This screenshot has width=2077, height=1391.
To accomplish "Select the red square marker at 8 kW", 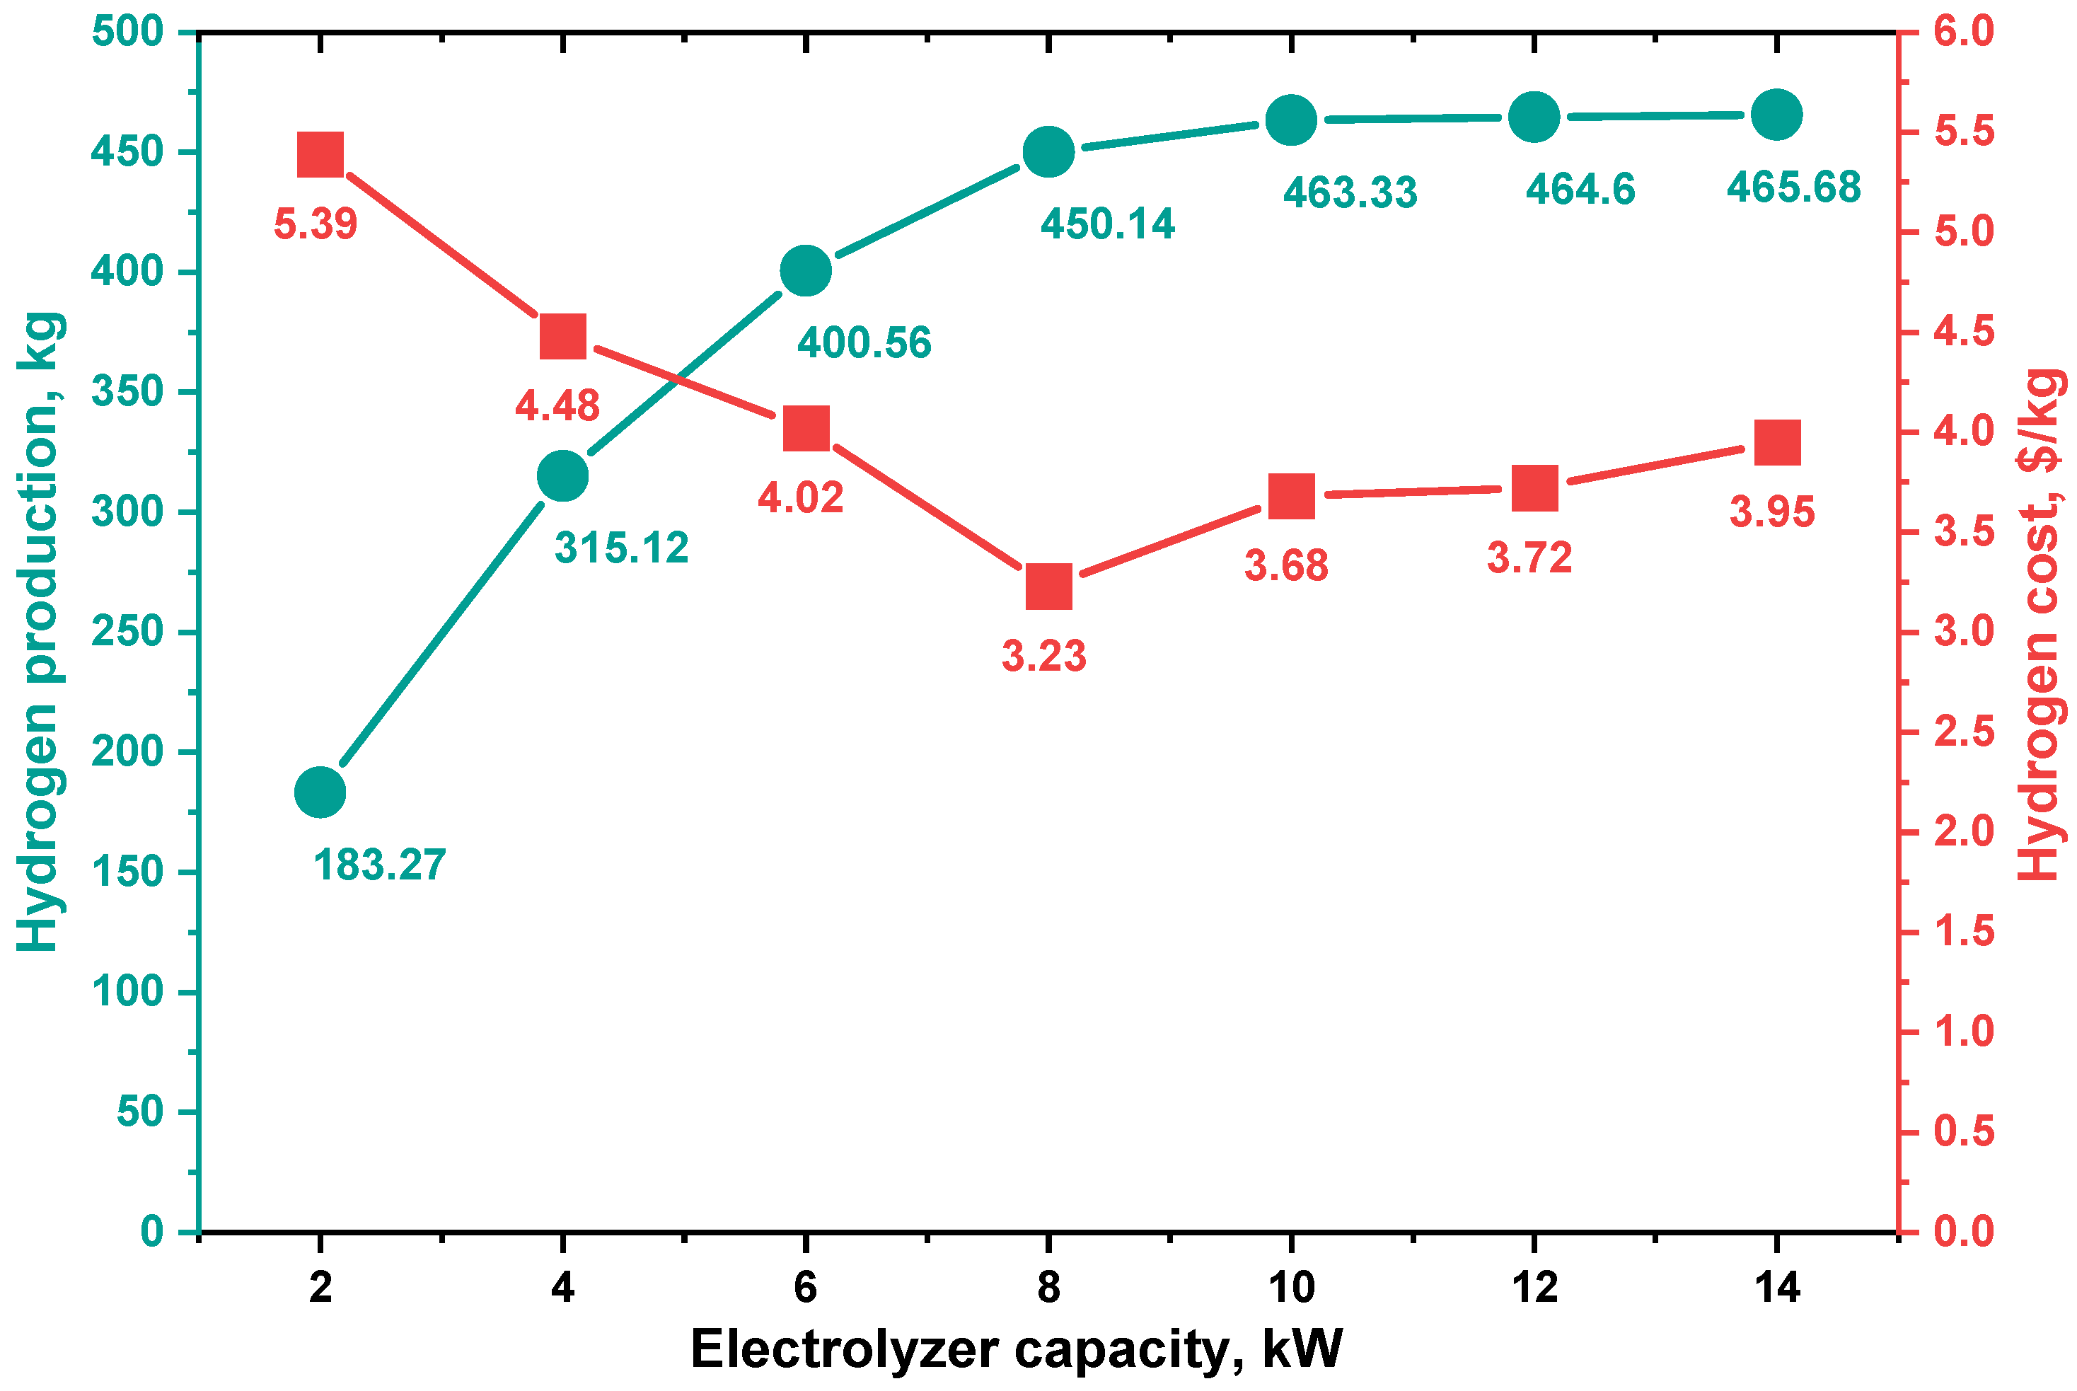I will (1048, 587).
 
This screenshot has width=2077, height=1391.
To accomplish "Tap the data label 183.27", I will (380, 865).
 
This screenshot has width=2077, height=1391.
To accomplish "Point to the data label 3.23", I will (1044, 657).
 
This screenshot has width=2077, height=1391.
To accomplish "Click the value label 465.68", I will (1793, 187).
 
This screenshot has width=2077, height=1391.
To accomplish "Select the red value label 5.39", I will (315, 224).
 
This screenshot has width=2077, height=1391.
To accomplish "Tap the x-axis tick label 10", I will (1291, 1287).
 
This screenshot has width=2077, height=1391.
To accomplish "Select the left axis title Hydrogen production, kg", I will (40, 632).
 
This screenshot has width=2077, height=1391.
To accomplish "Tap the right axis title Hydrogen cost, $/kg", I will (2037, 625).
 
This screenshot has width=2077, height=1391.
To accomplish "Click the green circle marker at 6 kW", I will (805, 270).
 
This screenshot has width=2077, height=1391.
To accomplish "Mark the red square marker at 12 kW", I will (1534, 489).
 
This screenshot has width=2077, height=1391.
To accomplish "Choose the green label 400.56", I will (864, 343).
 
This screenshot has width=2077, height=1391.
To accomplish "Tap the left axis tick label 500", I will (128, 32).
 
